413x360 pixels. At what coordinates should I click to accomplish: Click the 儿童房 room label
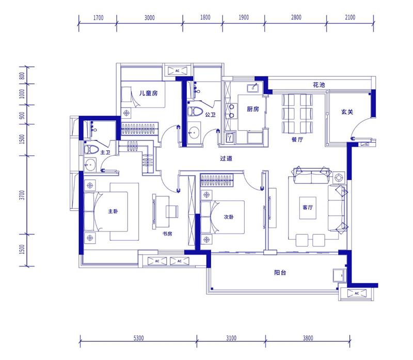tap(149, 93)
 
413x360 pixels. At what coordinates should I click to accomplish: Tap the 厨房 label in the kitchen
tap(253, 109)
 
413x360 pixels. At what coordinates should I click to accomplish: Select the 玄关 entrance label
tap(347, 112)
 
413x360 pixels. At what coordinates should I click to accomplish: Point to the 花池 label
tap(319, 85)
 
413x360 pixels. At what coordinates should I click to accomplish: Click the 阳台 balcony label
tap(280, 273)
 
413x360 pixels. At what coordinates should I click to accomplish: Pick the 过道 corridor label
tap(226, 159)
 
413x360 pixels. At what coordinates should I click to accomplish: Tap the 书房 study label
tap(167, 233)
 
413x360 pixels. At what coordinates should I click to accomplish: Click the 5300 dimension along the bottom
tap(138, 338)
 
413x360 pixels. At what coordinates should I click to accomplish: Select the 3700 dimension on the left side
tap(22, 195)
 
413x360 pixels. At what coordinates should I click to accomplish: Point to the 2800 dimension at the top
tap(296, 18)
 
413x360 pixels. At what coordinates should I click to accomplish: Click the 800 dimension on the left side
tap(22, 76)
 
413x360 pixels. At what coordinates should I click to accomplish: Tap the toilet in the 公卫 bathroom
tap(195, 112)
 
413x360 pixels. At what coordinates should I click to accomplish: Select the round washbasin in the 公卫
tap(195, 133)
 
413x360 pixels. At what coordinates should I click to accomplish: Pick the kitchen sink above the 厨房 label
tap(253, 88)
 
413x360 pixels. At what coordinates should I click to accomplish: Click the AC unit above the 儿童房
tap(178, 71)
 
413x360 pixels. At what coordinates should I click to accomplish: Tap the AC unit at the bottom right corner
tap(357, 293)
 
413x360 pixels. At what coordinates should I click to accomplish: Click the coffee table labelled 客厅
tap(308, 208)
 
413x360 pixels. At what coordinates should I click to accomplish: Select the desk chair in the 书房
tap(172, 211)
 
